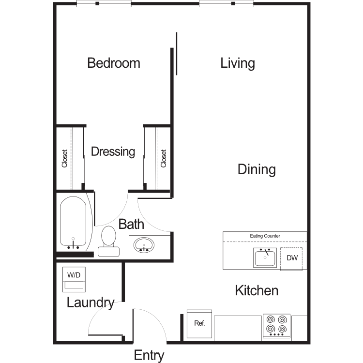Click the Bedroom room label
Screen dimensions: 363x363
click(x=114, y=63)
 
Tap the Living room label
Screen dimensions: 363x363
click(x=238, y=63)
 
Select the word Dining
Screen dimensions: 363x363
click(x=257, y=169)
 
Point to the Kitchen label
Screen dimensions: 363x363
click(x=257, y=290)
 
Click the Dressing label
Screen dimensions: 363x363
click(x=113, y=151)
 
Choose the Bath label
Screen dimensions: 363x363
click(x=131, y=224)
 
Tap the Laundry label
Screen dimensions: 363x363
click(x=91, y=303)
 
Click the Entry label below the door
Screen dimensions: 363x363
click(x=149, y=355)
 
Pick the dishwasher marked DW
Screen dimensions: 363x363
click(x=292, y=258)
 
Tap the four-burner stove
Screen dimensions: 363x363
click(x=276, y=326)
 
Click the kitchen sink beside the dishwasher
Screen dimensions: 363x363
click(x=265, y=257)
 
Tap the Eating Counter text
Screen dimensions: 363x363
click(x=265, y=236)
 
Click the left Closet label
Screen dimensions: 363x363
click(x=64, y=158)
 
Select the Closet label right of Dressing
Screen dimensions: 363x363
click(x=164, y=158)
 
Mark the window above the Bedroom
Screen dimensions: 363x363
click(x=104, y=4)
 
